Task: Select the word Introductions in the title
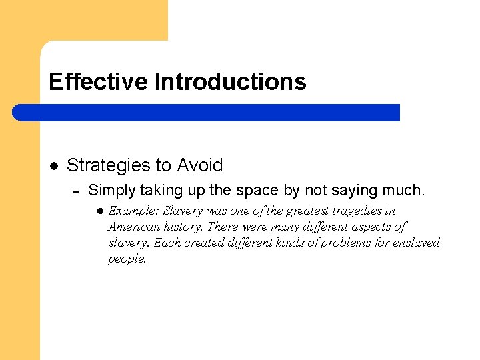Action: [x=230, y=82]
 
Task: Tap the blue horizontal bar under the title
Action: [x=207, y=113]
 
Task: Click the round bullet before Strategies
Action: [x=54, y=165]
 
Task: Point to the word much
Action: [x=402, y=191]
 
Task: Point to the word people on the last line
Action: [x=127, y=259]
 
